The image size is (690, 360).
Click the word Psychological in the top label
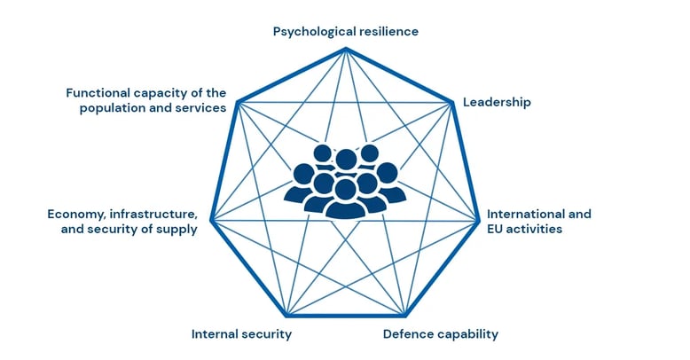point(315,31)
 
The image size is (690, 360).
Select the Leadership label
point(498,102)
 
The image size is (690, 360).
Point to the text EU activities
point(524,229)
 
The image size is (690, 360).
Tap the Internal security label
point(241,334)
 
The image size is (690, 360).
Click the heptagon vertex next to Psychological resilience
point(345,48)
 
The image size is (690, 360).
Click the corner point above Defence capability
point(404,316)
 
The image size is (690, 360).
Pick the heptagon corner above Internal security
point(286,316)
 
